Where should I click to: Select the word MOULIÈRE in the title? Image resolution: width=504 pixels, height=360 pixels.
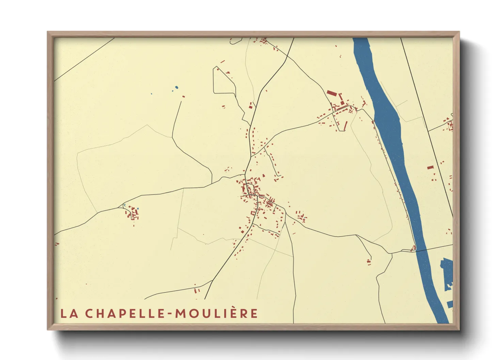pos(217,313)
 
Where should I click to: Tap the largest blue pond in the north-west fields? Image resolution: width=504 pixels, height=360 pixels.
pos(176,87)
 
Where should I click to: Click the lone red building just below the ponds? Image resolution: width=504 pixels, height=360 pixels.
pos(183,97)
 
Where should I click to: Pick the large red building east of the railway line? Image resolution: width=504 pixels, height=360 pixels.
pos(430,167)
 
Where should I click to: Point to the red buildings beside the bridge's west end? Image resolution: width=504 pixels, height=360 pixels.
pos(414,247)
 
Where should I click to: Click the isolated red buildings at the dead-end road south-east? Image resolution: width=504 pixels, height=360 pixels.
pos(369,262)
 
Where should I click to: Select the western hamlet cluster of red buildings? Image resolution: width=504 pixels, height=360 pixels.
pos(132,214)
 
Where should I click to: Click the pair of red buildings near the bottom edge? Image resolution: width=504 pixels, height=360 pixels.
pos(196,291)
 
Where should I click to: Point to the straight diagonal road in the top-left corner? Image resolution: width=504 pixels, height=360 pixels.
pos(83,60)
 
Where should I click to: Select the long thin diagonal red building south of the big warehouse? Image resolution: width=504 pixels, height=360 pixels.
pos(345,125)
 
